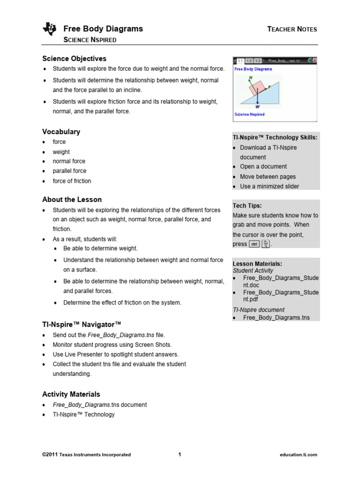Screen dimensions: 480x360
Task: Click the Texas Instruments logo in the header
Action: tap(49, 30)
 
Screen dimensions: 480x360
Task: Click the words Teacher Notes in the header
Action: tap(292, 29)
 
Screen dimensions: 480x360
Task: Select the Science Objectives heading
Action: tap(74, 59)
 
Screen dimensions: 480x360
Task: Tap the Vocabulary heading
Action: tap(61, 132)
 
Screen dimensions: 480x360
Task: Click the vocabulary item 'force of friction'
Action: tap(72, 181)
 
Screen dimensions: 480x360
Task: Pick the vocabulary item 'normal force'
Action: tap(69, 161)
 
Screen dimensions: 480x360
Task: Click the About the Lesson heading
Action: tap(72, 199)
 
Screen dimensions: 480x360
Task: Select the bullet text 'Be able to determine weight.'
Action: tap(100, 248)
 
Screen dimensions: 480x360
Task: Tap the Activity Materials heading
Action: tap(71, 394)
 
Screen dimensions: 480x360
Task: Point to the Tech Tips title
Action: tap(247, 206)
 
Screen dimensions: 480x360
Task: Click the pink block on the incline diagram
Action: tap(257, 87)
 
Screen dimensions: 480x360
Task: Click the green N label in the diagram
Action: tap(250, 77)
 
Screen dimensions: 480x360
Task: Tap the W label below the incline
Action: tap(257, 107)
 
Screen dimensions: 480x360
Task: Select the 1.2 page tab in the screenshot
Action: tap(249, 61)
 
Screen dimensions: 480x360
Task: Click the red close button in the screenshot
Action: tap(314, 61)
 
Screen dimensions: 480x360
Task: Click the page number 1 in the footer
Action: tap(180, 455)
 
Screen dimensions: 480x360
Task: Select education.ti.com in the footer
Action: tap(298, 455)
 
